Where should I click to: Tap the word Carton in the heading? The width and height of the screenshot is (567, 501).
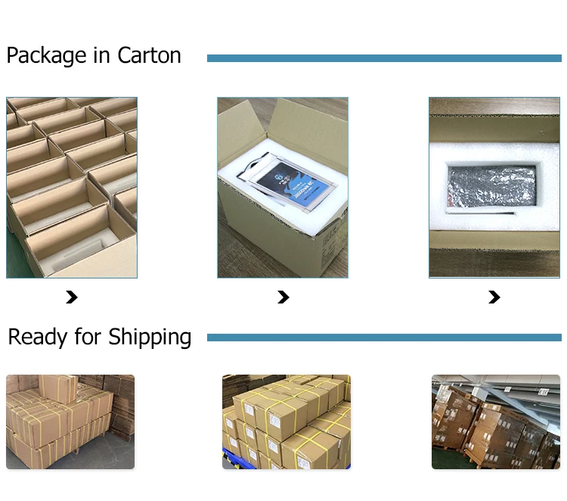click(x=149, y=56)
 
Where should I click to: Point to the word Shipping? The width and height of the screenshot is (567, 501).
click(x=150, y=338)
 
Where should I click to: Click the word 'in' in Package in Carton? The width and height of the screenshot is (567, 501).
click(x=101, y=56)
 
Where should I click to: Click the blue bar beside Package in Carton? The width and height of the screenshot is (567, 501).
click(x=384, y=58)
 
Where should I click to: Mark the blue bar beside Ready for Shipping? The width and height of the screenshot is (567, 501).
click(x=384, y=338)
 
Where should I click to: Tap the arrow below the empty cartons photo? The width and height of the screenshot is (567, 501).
click(x=72, y=297)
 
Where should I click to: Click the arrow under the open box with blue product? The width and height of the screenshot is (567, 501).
click(x=283, y=297)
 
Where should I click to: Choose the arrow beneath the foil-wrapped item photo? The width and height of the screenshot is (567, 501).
click(x=494, y=297)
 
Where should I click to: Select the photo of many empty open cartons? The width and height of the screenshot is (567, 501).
click(x=72, y=187)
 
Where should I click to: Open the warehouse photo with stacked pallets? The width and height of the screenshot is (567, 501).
click(x=495, y=422)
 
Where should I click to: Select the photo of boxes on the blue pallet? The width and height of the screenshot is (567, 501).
click(x=286, y=422)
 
